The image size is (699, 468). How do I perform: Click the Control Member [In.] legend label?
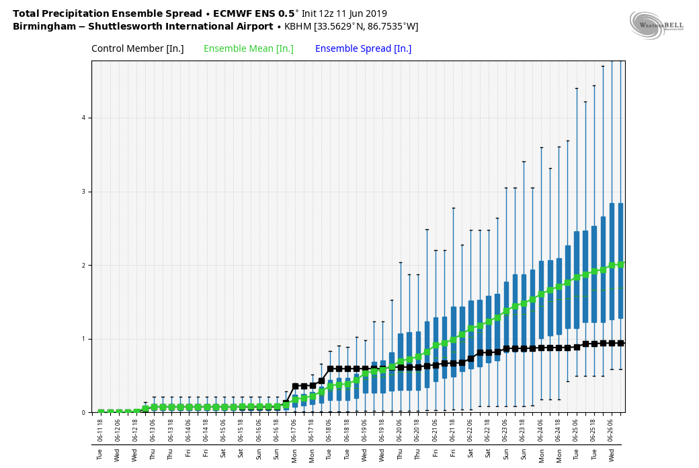137,49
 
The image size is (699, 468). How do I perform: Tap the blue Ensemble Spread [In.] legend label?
363,49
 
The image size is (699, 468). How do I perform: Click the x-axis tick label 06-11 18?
101,430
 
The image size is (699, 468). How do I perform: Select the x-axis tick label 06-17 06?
294,430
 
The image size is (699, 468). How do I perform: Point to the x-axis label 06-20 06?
400,430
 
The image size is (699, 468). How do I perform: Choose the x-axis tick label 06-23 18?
524,430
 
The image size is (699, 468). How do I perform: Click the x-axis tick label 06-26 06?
612,430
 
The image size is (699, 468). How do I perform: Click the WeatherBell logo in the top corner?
656,25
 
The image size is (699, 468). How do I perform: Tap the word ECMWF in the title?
233,13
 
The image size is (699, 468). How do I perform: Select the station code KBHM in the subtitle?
298,27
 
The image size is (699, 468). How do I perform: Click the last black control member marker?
620,343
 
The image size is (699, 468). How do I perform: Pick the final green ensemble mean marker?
620,264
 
